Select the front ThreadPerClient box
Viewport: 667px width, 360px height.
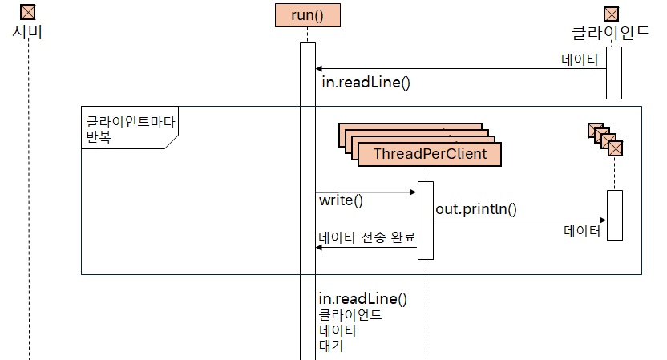pos(430,152)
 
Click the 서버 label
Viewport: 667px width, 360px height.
pos(28,33)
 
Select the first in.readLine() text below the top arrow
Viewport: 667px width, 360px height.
pos(366,82)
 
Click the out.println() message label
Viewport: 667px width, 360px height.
pos(476,210)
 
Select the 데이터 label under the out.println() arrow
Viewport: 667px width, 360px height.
pos(582,231)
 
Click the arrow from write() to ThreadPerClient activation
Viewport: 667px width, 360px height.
pos(366,192)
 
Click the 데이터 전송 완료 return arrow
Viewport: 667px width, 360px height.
pos(366,248)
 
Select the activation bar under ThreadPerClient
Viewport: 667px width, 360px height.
pos(426,220)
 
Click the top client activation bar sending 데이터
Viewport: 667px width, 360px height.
pos(614,72)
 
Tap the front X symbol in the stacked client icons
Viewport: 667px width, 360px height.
pos(616,148)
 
